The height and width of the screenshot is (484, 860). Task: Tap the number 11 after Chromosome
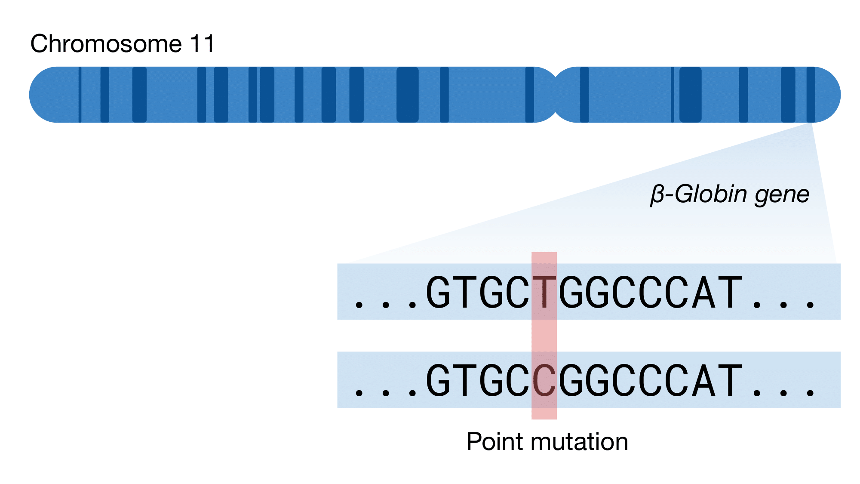(x=202, y=44)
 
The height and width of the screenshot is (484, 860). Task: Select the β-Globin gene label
(x=730, y=194)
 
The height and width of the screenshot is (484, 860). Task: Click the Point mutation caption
(x=547, y=442)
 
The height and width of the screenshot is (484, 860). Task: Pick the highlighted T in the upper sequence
(x=544, y=293)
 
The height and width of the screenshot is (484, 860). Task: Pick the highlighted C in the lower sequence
(x=544, y=380)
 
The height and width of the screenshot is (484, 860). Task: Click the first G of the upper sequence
(x=438, y=293)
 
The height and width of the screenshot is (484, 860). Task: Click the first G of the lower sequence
(x=438, y=380)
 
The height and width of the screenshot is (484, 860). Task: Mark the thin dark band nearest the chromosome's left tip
(x=80, y=95)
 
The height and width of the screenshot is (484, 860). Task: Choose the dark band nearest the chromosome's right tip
(x=811, y=95)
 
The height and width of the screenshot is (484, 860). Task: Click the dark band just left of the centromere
(x=530, y=95)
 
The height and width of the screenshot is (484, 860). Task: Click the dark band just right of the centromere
(x=584, y=95)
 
